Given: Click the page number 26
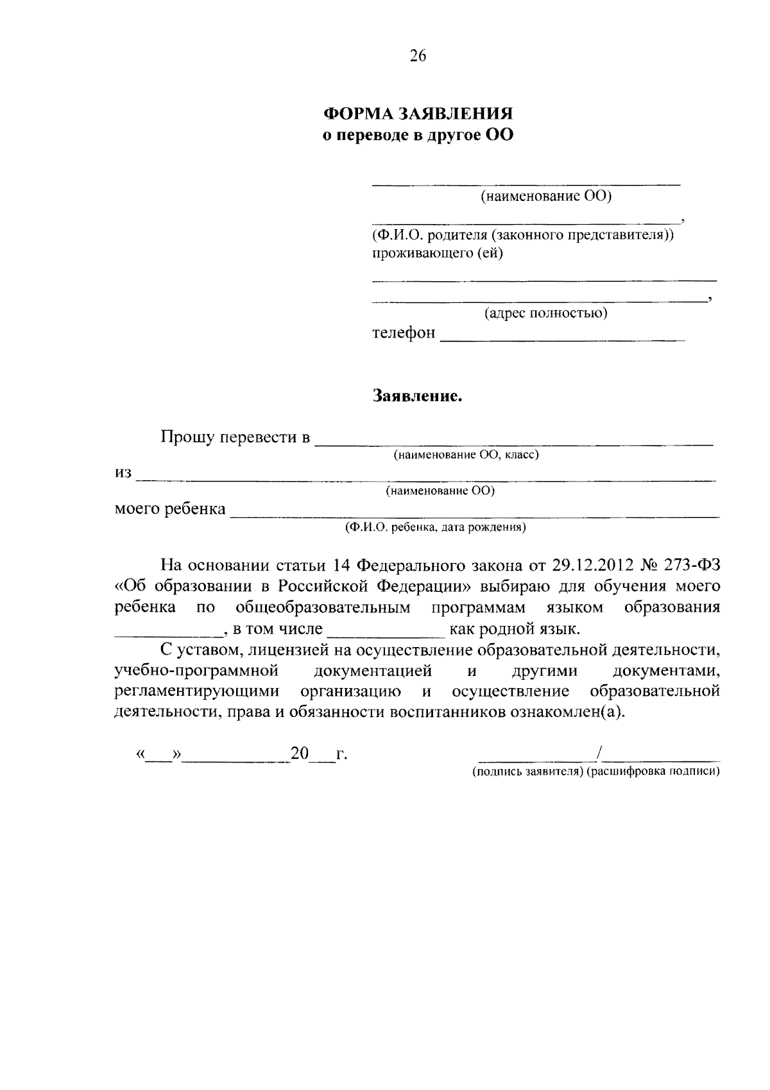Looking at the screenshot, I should (x=417, y=56).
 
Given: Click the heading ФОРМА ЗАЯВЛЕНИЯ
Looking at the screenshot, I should (x=418, y=114).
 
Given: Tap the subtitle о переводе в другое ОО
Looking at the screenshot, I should (x=418, y=136).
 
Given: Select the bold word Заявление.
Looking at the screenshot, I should (x=418, y=397).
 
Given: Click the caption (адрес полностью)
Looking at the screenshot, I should (x=545, y=313).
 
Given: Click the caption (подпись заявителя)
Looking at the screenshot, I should (x=527, y=772).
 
